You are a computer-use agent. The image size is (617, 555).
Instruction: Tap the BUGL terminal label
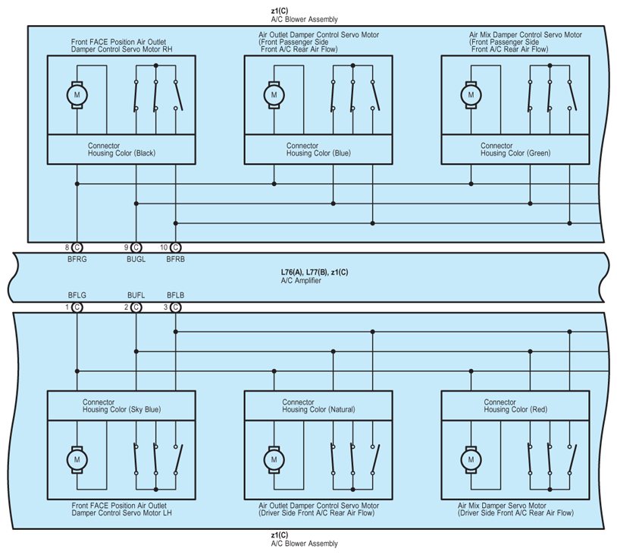click(136, 259)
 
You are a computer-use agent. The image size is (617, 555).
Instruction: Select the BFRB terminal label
click(175, 259)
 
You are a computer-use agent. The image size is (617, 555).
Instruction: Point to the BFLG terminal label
click(77, 295)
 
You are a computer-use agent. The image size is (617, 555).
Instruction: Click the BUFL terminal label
click(136, 295)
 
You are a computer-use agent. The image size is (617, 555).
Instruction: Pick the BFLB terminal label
click(175, 295)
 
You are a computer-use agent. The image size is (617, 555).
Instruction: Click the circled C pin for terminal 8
click(77, 248)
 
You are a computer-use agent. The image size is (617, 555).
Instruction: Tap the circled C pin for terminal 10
click(175, 248)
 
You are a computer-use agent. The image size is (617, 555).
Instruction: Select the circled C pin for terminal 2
click(136, 307)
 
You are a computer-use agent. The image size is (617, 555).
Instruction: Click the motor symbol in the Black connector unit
click(77, 95)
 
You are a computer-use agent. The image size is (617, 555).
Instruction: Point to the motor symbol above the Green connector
click(471, 95)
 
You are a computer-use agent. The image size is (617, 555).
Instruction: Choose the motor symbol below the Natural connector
click(274, 459)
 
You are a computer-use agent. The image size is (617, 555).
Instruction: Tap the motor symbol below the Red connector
click(471, 459)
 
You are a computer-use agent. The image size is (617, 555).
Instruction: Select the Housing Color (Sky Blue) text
click(121, 410)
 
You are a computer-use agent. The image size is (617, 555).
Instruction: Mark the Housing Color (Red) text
click(515, 410)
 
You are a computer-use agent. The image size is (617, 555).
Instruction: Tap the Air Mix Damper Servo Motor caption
click(502, 505)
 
